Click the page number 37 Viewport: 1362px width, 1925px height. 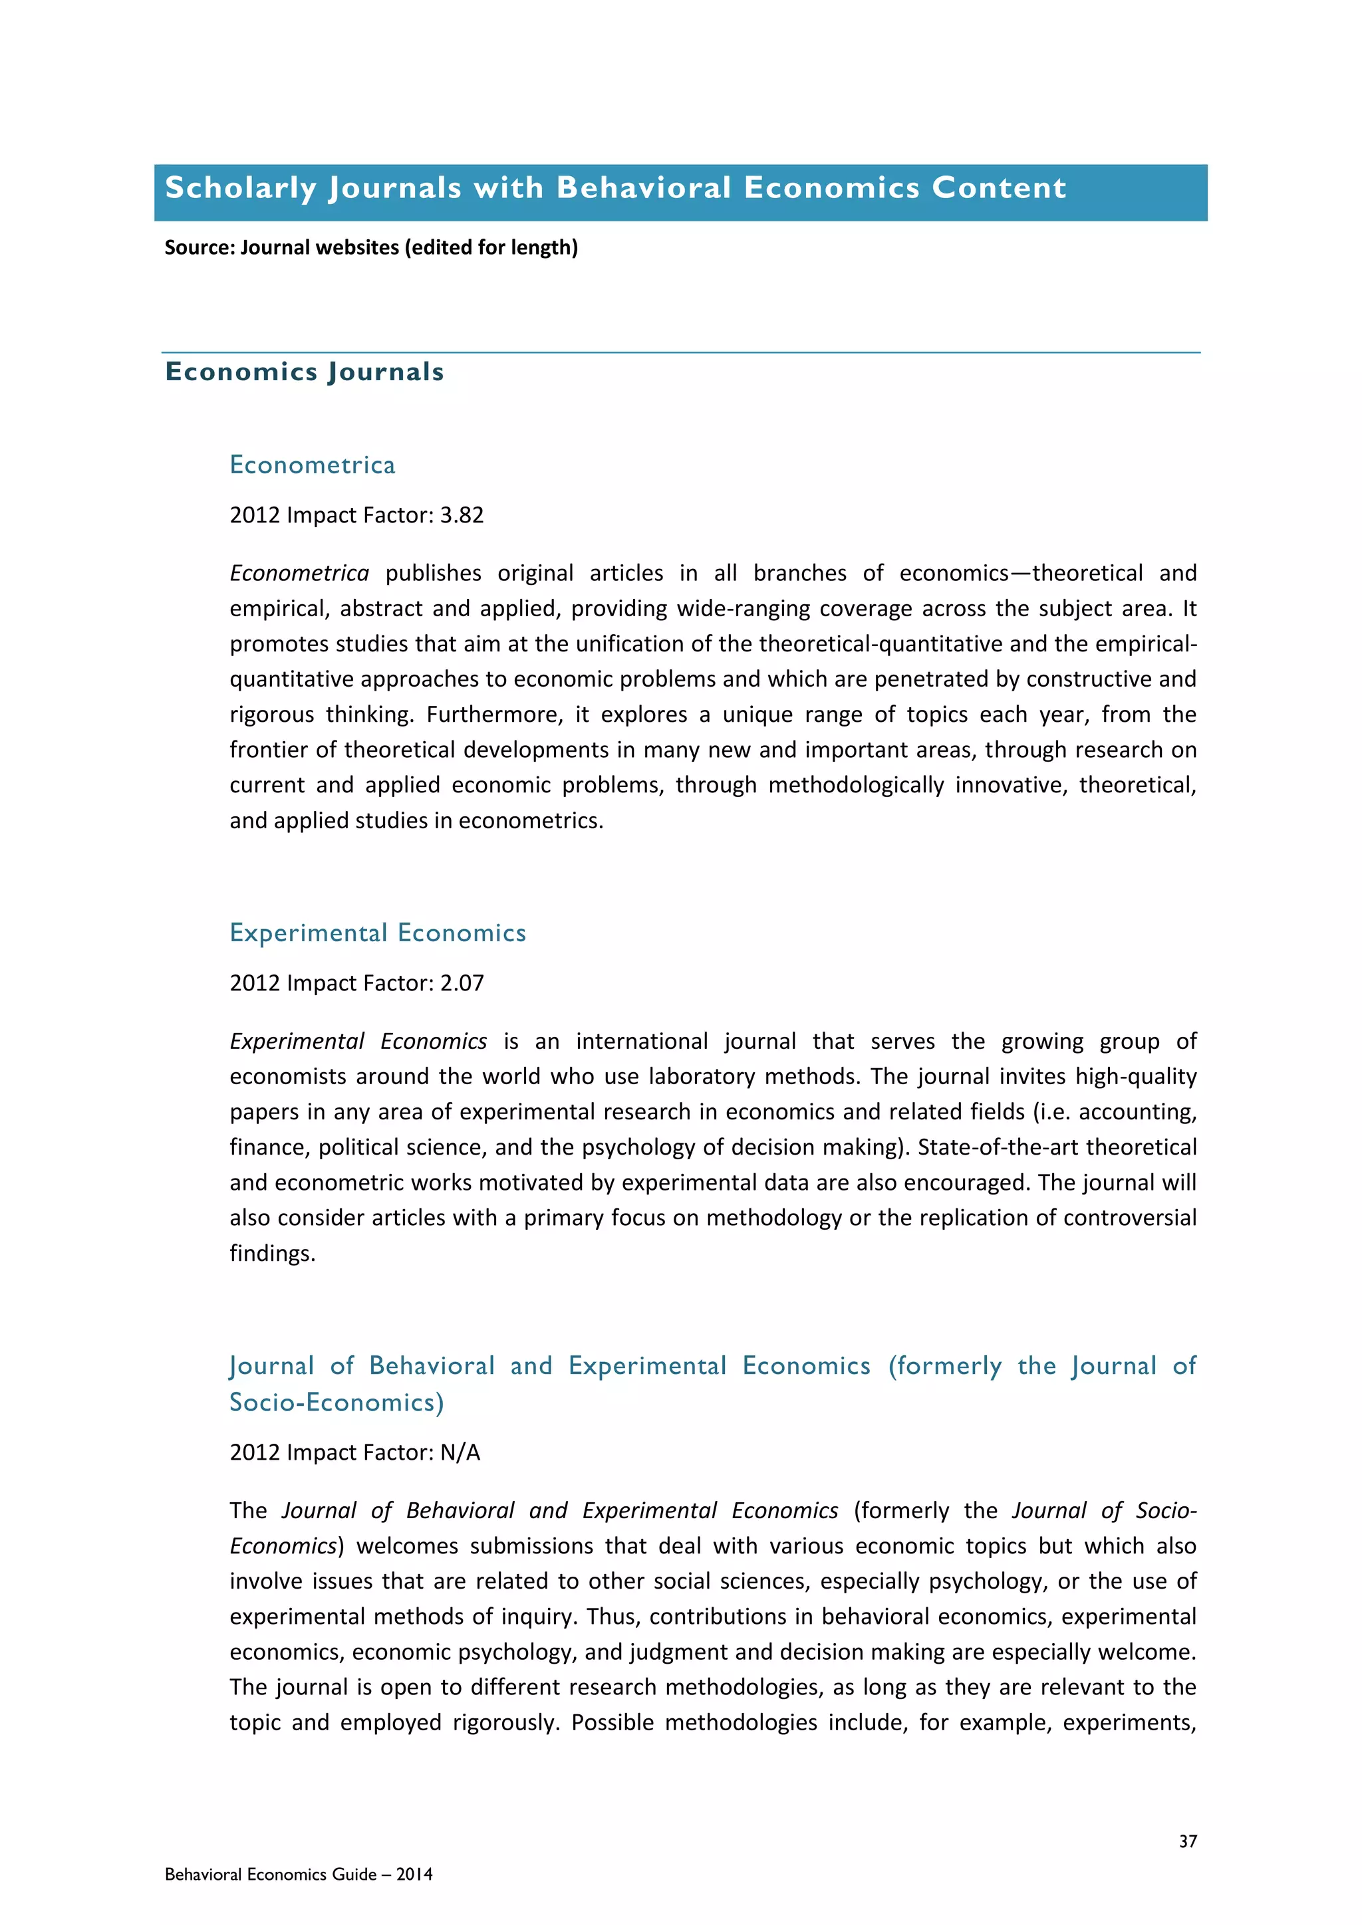[1188, 1841]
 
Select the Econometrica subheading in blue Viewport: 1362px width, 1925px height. [312, 465]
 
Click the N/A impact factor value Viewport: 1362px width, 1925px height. [460, 1452]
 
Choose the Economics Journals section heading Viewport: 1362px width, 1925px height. [305, 372]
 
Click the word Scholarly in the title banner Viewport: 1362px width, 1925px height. [241, 188]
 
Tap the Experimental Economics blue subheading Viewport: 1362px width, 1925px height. [377, 933]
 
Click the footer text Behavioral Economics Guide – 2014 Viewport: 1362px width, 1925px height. [299, 1874]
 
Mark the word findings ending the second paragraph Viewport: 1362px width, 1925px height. [272, 1254]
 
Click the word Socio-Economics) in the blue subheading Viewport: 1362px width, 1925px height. [337, 1403]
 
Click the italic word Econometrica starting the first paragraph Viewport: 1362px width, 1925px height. [299, 574]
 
